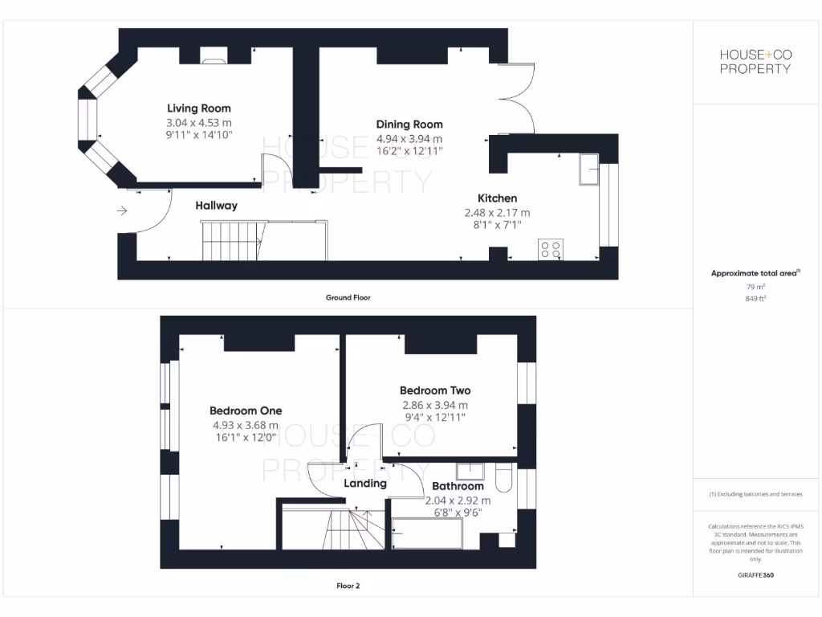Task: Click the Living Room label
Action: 198,108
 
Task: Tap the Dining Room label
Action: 409,125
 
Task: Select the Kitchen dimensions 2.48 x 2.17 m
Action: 497,213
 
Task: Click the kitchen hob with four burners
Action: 551,250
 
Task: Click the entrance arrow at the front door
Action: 122,211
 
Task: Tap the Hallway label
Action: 217,206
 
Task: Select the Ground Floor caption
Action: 348,297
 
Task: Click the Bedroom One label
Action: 246,411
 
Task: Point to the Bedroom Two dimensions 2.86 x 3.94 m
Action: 433,406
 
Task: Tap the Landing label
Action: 365,484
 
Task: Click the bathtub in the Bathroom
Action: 426,533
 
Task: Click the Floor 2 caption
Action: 348,586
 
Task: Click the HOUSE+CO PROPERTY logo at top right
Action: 755,61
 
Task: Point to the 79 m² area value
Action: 755,286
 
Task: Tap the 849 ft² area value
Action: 755,298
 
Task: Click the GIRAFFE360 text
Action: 755,575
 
